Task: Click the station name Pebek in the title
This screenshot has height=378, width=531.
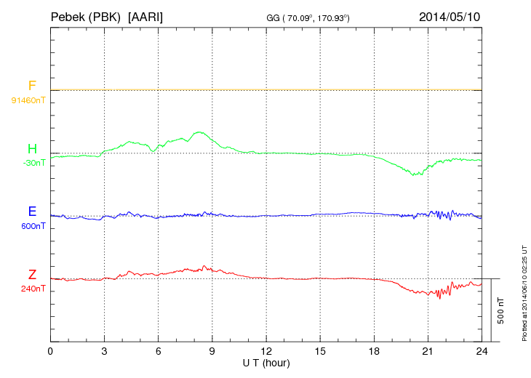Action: [x=68, y=16]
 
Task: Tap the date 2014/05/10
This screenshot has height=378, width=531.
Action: [x=450, y=16]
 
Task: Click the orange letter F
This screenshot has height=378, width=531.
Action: [x=32, y=87]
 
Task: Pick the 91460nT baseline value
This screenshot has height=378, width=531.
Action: [x=28, y=100]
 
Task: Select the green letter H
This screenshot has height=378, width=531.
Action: [x=32, y=150]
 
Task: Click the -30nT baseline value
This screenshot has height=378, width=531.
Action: [x=33, y=163]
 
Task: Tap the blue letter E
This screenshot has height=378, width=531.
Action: [x=32, y=212]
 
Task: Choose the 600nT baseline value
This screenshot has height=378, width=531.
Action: [x=33, y=226]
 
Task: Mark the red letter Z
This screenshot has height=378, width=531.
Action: [x=32, y=275]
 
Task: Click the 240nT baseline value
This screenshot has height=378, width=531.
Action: [x=33, y=289]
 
